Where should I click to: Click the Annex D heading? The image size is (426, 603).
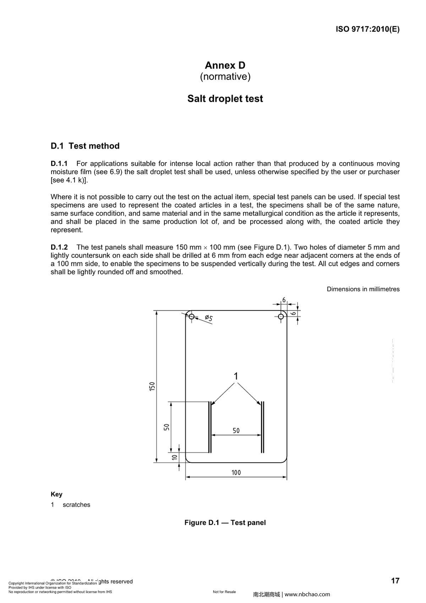[225, 65]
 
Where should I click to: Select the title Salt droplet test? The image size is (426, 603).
[225, 98]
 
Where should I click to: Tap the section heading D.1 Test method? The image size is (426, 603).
[85, 146]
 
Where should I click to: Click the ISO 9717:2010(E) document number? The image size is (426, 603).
[367, 29]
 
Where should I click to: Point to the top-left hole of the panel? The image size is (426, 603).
[191, 316]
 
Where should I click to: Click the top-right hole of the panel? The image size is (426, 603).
[281, 316]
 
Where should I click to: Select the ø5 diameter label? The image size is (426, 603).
[209, 318]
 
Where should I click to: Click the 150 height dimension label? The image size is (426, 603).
[152, 386]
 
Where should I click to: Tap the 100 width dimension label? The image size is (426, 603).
[236, 473]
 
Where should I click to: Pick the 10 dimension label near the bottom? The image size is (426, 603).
[175, 457]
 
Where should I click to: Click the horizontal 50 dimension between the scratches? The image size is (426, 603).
[236, 431]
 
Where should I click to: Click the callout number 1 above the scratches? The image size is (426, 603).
[236, 376]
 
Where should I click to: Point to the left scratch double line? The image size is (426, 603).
[210, 427]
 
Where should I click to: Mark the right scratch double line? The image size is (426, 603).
[262, 427]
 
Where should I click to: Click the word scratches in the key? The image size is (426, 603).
[76, 505]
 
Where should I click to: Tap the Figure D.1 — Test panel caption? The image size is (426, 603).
[225, 523]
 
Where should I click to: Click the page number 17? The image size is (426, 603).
[395, 581]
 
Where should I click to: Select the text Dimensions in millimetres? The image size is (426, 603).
[363, 289]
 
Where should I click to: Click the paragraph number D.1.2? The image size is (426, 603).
[59, 247]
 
